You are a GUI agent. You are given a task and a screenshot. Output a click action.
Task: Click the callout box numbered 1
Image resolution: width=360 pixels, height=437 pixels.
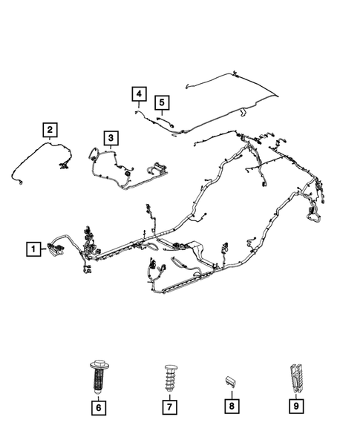33,249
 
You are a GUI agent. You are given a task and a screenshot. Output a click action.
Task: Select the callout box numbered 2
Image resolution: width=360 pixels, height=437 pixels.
49,131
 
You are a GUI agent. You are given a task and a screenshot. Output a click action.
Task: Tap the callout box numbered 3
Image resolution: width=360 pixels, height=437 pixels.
109,137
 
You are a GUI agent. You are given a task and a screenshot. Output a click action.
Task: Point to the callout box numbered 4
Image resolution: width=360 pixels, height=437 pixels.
139,93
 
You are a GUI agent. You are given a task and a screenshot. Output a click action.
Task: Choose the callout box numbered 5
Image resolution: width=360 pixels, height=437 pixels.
161,102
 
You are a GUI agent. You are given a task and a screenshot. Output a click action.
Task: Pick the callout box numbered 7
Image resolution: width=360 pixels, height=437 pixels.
168,407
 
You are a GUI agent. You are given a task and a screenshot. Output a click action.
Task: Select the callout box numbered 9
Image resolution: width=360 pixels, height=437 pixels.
295,407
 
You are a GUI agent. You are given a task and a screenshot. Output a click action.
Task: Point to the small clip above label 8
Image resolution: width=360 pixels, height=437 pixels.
231,381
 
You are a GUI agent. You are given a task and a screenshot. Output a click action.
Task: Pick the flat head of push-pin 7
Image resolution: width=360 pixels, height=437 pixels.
168,366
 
